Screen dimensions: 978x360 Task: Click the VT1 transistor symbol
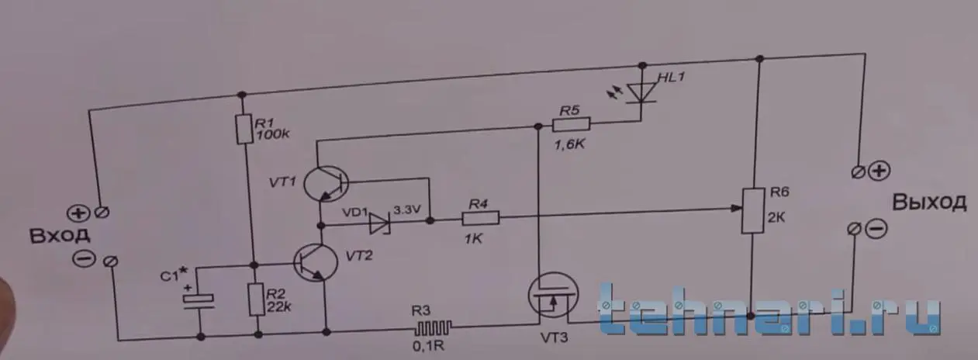(327, 184)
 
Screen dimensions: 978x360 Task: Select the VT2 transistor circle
(316, 262)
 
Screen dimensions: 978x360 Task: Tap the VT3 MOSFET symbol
(553, 296)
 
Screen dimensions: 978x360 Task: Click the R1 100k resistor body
(244, 130)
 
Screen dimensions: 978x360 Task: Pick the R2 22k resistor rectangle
(257, 299)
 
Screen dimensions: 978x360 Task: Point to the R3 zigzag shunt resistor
(433, 327)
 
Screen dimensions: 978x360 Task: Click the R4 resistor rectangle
(481, 218)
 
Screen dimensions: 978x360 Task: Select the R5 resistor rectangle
(571, 124)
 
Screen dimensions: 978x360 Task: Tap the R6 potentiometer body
(753, 210)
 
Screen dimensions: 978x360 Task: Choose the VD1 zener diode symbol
(380, 223)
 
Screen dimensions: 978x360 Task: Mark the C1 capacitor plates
(199, 302)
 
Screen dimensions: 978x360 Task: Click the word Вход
(60, 236)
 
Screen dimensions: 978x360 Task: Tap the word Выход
(929, 202)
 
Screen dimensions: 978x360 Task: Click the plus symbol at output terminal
(879, 171)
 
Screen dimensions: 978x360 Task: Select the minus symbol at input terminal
(84, 258)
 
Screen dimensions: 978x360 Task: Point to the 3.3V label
(407, 210)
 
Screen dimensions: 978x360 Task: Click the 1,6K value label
(569, 144)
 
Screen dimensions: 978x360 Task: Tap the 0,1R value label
(428, 347)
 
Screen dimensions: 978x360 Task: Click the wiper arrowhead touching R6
(737, 208)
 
